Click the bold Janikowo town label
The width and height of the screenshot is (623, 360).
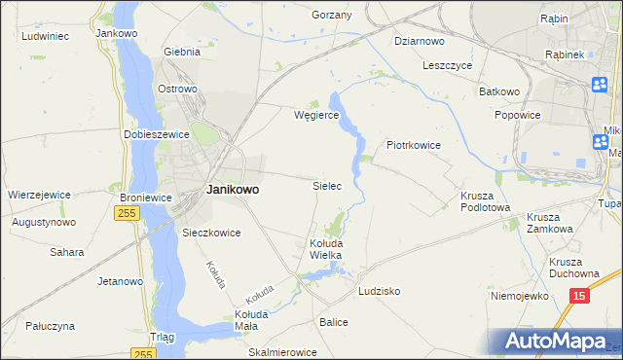pos(233,190)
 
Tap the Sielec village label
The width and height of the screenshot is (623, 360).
pos(326,185)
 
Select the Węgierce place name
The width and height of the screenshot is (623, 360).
pos(316,115)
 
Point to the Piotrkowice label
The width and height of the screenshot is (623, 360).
pos(415,145)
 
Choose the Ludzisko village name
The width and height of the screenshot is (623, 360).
pos(380,291)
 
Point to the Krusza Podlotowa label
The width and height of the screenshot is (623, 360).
pos(485,200)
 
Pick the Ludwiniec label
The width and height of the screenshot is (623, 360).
pos(44,36)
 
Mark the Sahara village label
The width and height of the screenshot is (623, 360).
pos(66,252)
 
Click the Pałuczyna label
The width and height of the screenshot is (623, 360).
pos(51,326)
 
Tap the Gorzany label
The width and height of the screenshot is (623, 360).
pos(331,16)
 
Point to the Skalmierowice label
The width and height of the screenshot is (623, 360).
pos(283,352)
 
